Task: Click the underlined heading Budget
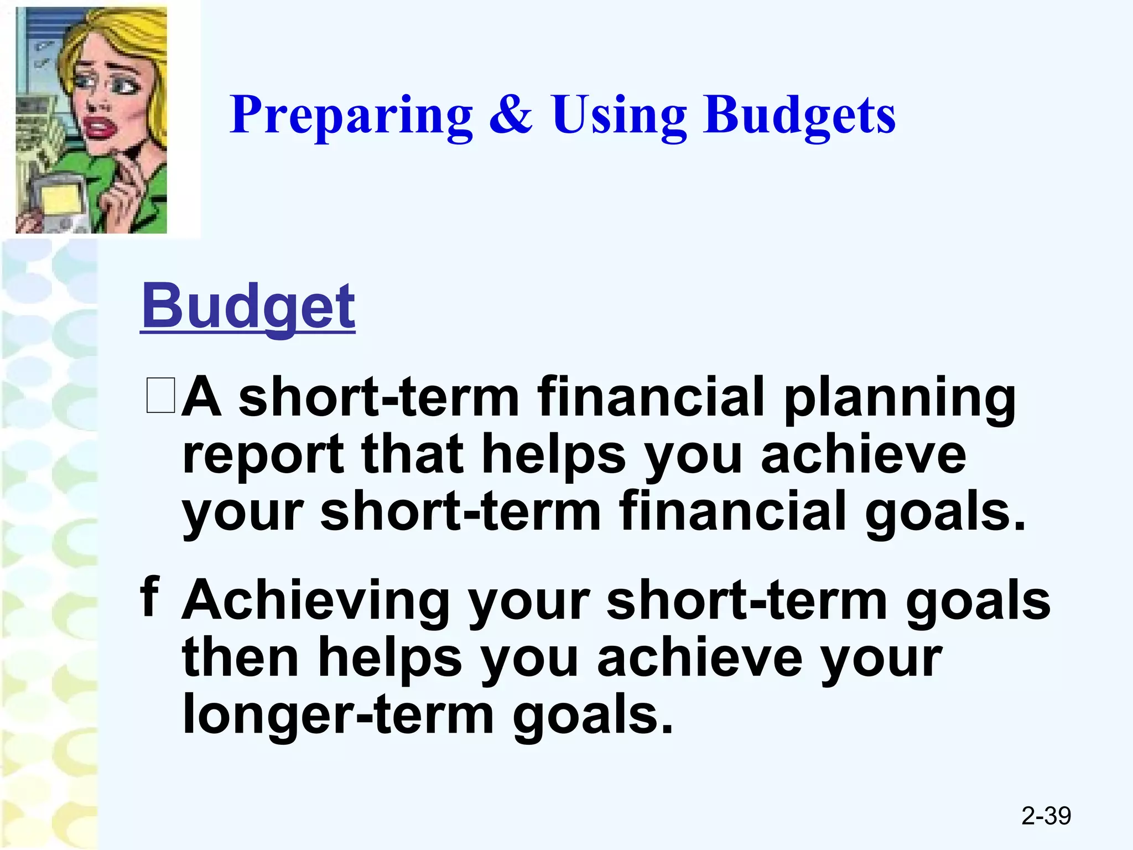coord(248,306)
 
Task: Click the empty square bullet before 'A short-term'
coord(161,395)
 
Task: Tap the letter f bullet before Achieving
coord(150,596)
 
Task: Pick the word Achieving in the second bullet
coord(315,601)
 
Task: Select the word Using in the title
coord(619,115)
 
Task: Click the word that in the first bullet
coord(412,455)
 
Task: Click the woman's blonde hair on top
coord(111,33)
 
